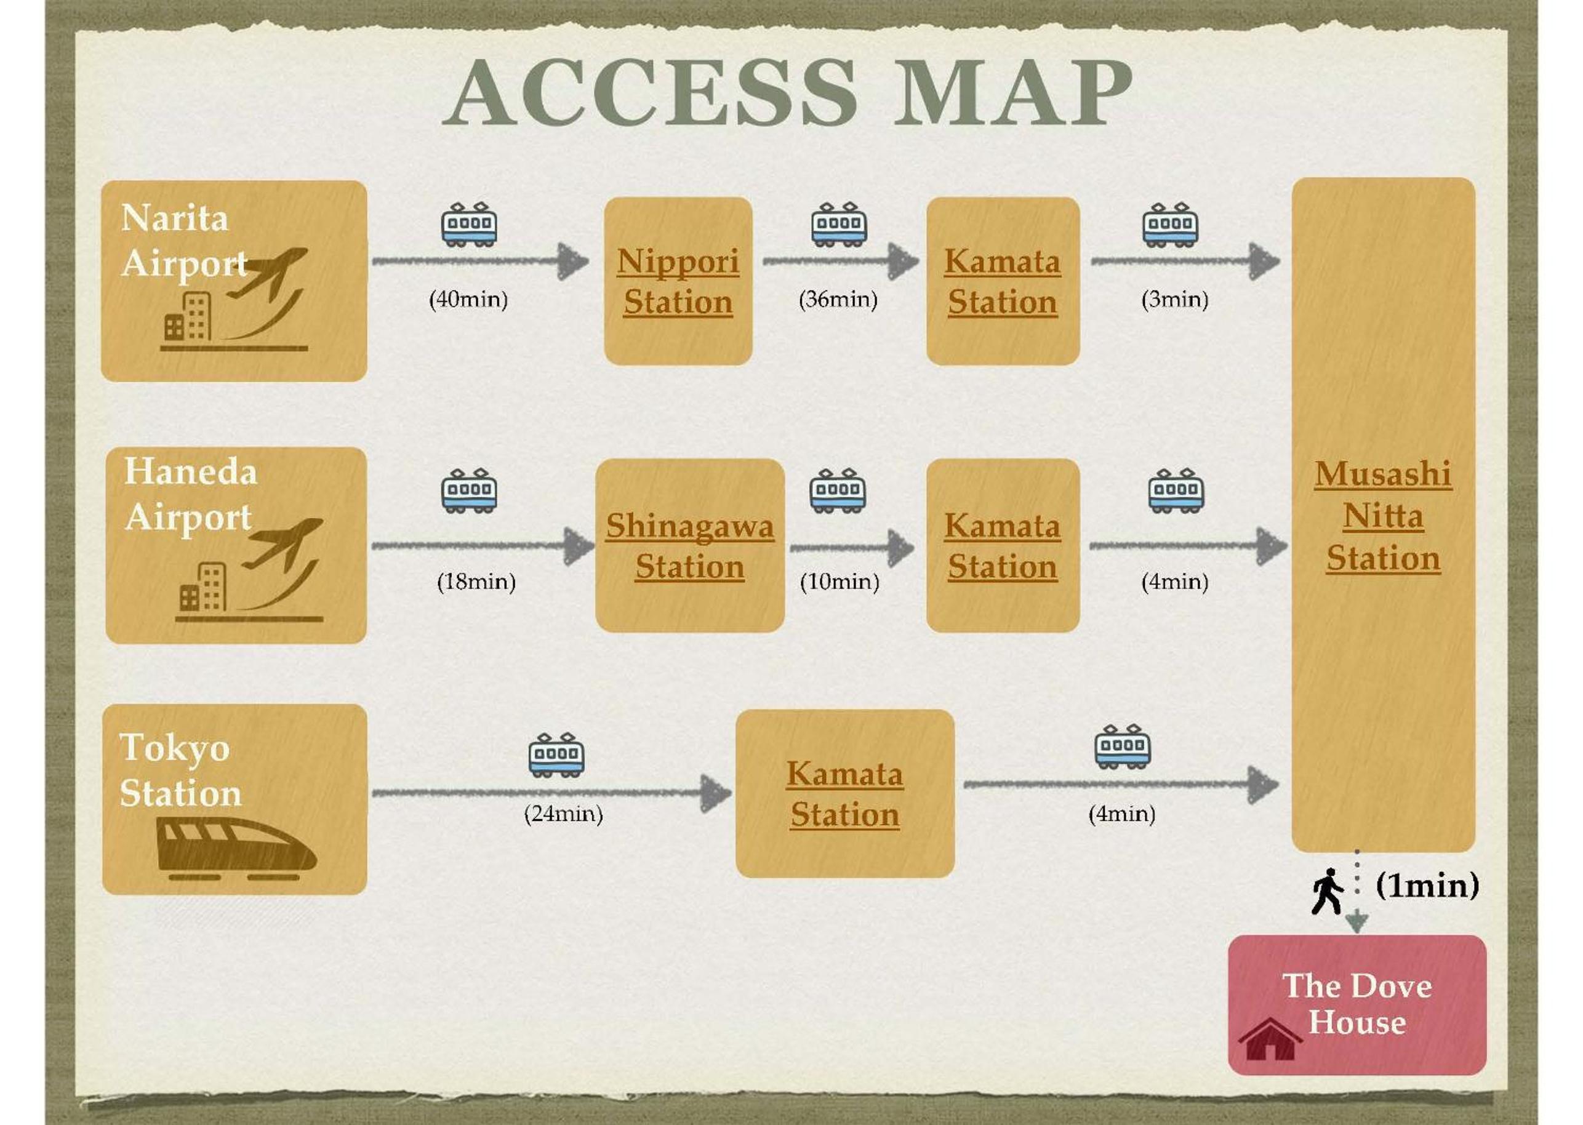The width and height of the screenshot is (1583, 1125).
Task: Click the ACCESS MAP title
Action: point(787,92)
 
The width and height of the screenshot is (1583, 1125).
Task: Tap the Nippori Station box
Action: point(678,281)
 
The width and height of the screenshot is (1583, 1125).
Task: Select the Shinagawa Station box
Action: point(690,545)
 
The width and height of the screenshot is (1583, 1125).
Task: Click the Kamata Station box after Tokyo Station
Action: point(845,793)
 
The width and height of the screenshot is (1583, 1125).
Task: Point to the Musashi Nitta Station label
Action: point(1383,516)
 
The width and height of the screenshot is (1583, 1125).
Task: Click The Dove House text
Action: point(1357,1004)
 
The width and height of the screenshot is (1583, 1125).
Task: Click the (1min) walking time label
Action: point(1428,886)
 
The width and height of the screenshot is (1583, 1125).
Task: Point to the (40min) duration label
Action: point(469,299)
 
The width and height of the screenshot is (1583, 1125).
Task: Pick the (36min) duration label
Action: point(838,299)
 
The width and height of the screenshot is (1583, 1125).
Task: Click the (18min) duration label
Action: point(476,581)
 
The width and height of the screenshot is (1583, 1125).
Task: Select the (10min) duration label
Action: point(840,581)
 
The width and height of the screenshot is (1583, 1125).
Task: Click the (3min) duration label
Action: point(1175,299)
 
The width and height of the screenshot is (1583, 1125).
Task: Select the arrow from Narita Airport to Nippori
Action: point(480,261)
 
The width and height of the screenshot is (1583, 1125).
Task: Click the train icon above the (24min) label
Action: point(556,755)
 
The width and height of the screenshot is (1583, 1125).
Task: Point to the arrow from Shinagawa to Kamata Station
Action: point(852,547)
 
